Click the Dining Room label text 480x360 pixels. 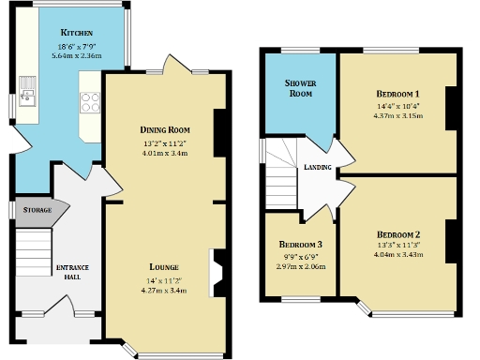click(165, 129)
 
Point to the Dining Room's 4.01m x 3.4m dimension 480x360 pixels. click(165, 153)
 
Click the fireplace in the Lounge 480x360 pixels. click(217, 272)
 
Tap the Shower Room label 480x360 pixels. click(299, 88)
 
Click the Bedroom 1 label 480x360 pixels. click(397, 94)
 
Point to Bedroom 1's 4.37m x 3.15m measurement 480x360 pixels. click(397, 116)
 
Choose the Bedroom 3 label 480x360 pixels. click(303, 242)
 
